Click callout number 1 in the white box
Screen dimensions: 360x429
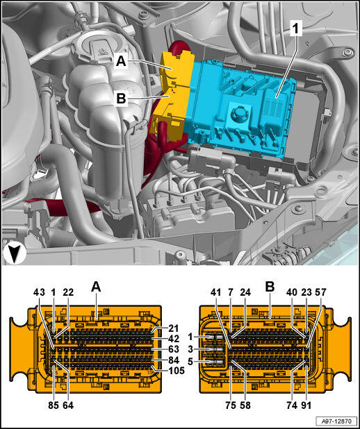295,29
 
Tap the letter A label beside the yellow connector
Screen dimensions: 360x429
121,61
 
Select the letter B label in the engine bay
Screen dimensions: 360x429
121,99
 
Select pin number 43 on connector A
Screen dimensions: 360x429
39,292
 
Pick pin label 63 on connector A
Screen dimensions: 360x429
174,349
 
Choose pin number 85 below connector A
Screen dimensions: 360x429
54,405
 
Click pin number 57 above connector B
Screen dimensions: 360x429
320,292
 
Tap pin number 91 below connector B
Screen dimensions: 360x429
306,405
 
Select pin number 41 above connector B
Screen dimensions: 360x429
215,292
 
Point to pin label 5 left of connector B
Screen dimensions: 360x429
190,362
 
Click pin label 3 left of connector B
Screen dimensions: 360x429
190,349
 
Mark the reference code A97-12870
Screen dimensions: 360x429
336,421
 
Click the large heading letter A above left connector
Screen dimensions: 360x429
96,287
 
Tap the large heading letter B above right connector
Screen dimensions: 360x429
270,287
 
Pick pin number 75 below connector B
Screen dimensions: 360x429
231,405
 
